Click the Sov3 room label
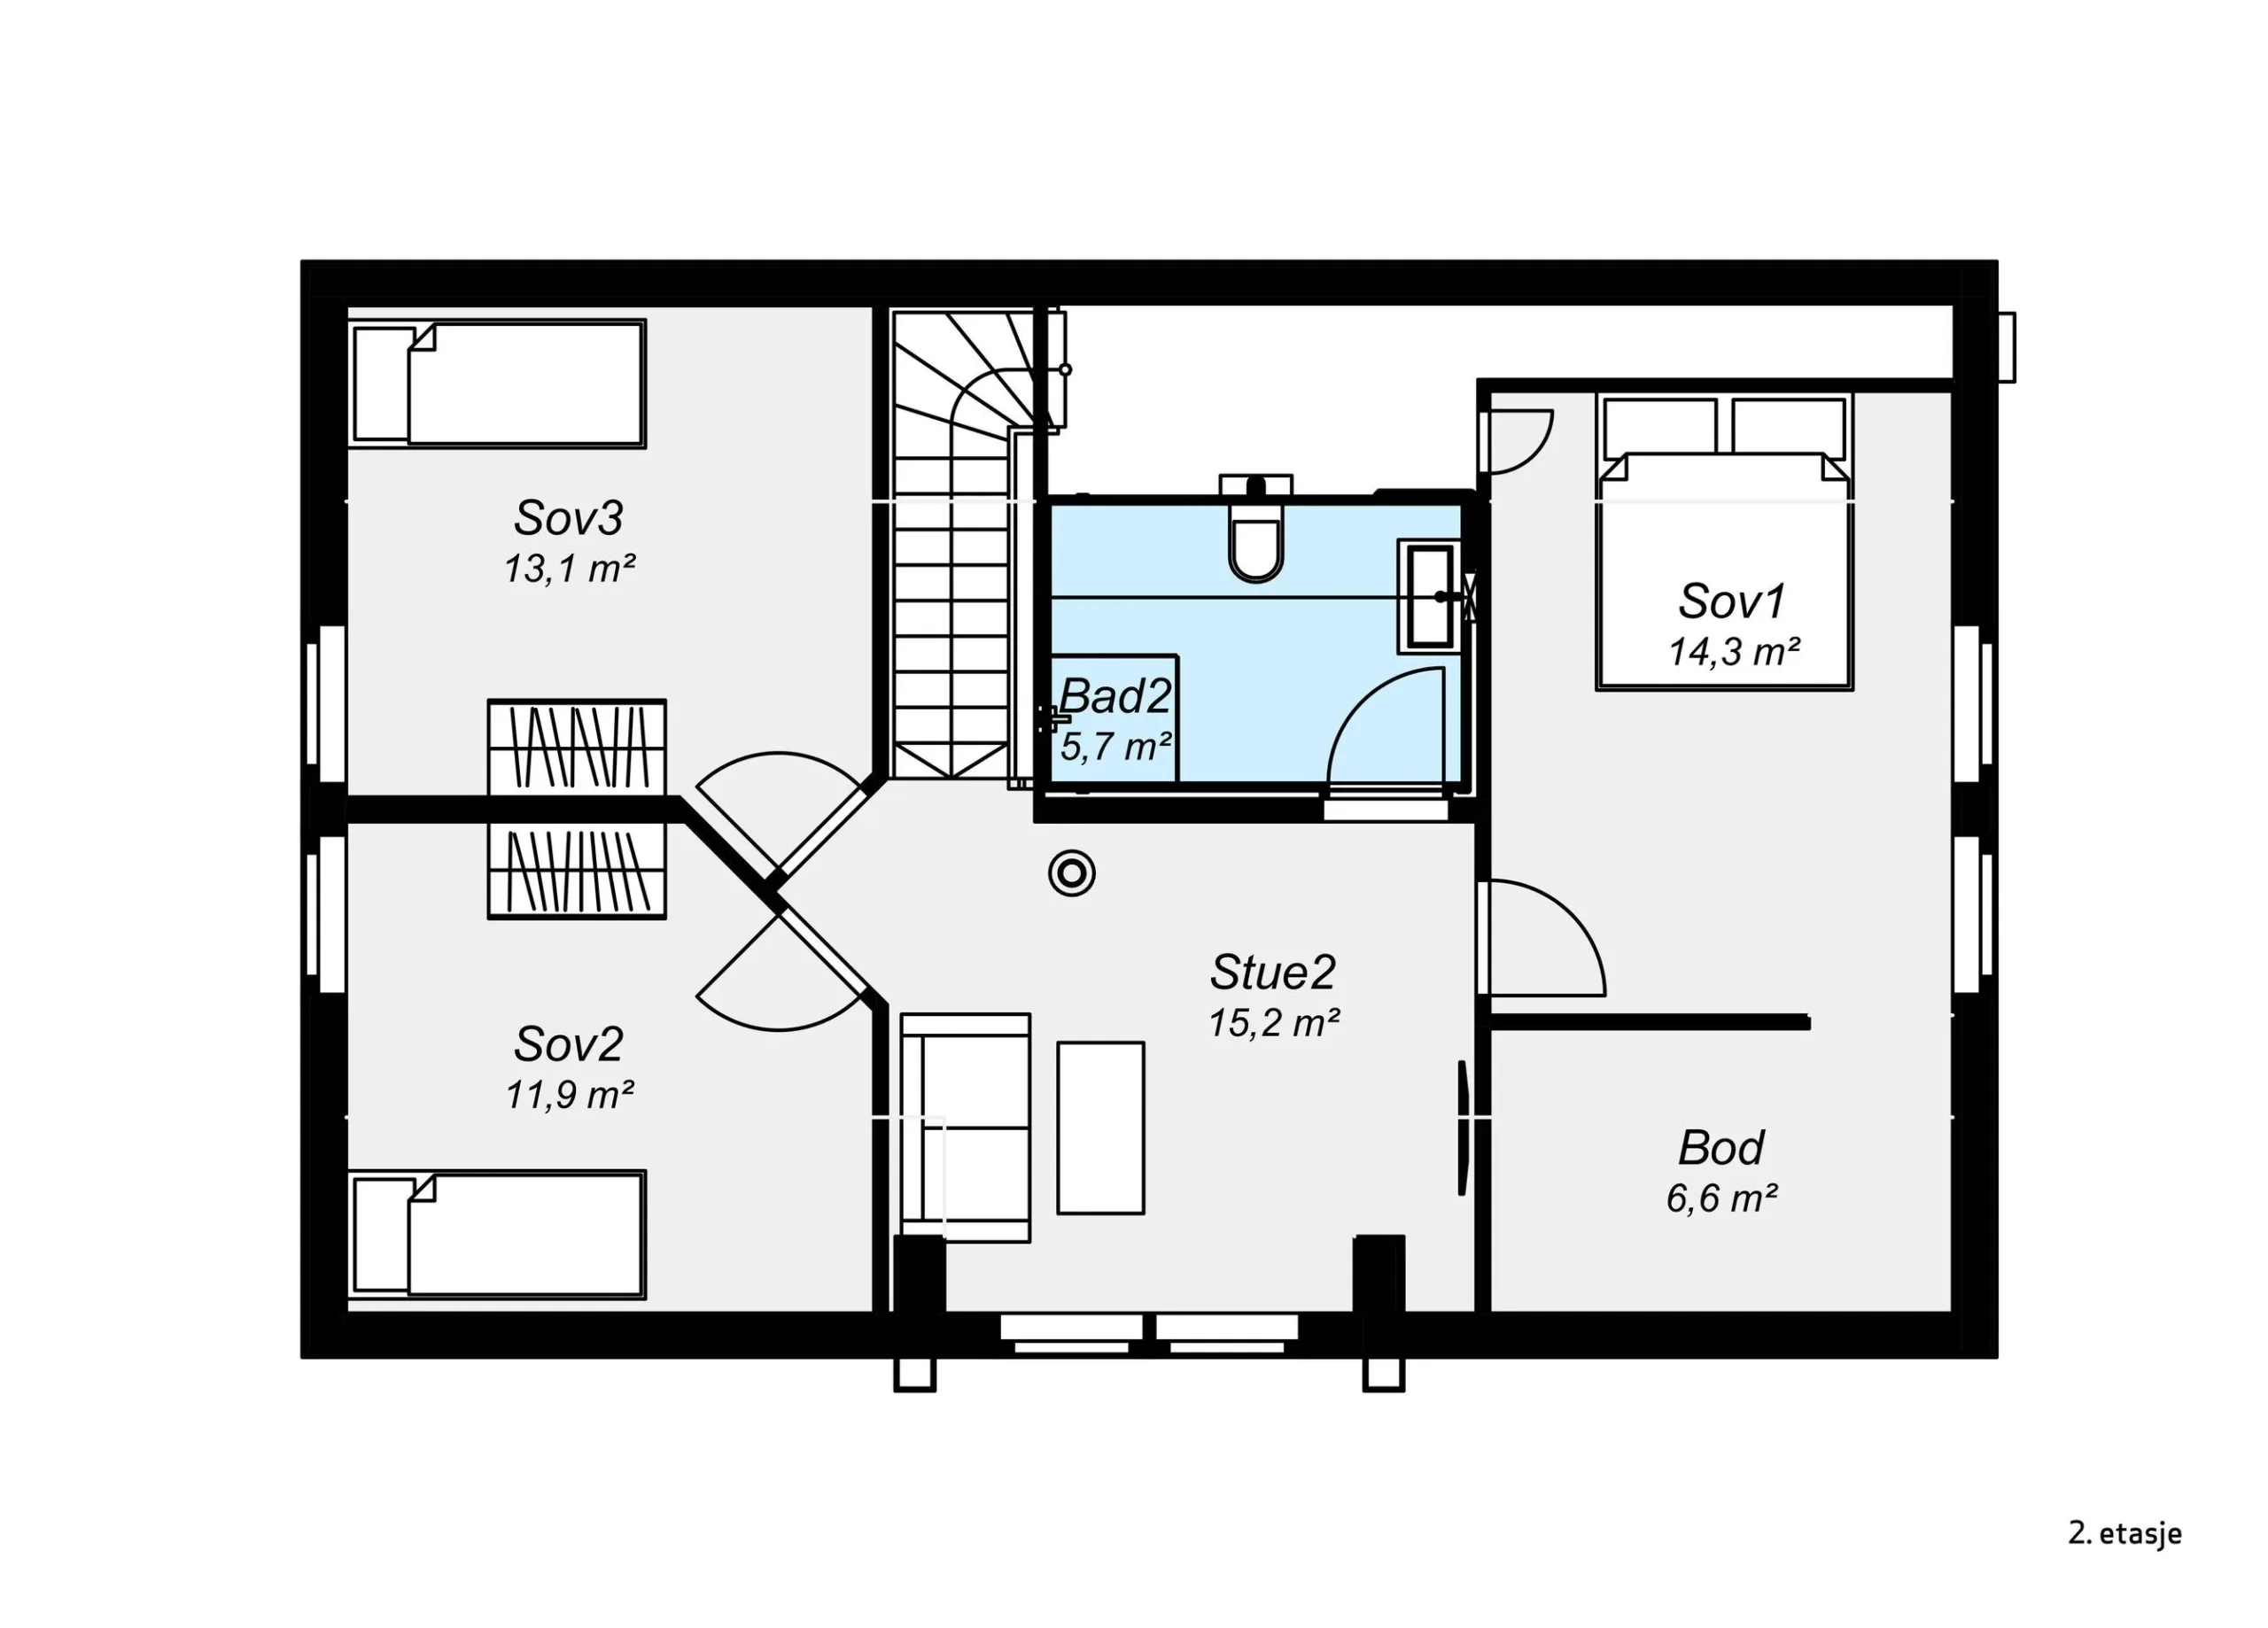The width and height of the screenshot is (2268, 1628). (x=568, y=518)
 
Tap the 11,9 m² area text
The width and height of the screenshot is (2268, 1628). (x=569, y=1096)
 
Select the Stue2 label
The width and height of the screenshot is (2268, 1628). (x=1272, y=972)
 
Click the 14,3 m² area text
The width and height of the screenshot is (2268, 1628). (x=1734, y=653)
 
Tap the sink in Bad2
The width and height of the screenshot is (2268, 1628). (x=1430, y=596)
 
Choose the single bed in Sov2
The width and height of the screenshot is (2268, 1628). (x=497, y=1235)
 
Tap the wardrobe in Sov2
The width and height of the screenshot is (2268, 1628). (x=577, y=870)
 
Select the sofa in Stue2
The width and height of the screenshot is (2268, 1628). (x=965, y=1127)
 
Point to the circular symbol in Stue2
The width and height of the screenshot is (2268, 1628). (x=1072, y=874)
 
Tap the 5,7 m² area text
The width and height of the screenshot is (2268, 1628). (x=1116, y=747)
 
